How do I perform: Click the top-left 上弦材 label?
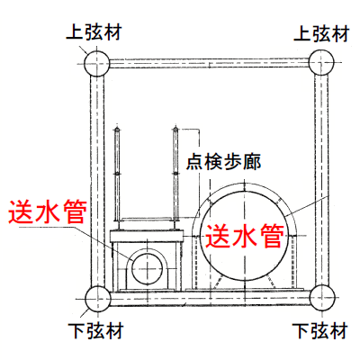(94, 32)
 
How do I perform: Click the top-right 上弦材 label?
(321, 33)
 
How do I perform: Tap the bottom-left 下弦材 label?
(95, 330)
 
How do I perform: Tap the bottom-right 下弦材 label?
(319, 331)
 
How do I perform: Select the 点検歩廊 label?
(223, 162)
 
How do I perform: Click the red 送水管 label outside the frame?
(48, 211)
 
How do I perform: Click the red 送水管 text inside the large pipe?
(245, 236)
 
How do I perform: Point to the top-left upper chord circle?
(97, 64)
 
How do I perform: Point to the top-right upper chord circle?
(321, 62)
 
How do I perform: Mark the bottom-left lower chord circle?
(98, 299)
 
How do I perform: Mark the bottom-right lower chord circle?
(322, 298)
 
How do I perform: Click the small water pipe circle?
(148, 268)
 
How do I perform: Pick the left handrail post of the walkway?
(117, 178)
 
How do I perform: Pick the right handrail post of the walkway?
(175, 178)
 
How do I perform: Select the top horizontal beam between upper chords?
(209, 63)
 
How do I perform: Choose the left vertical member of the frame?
(97, 181)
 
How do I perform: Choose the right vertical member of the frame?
(321, 180)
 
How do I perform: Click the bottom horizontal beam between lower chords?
(210, 299)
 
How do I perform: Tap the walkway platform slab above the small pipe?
(147, 236)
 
